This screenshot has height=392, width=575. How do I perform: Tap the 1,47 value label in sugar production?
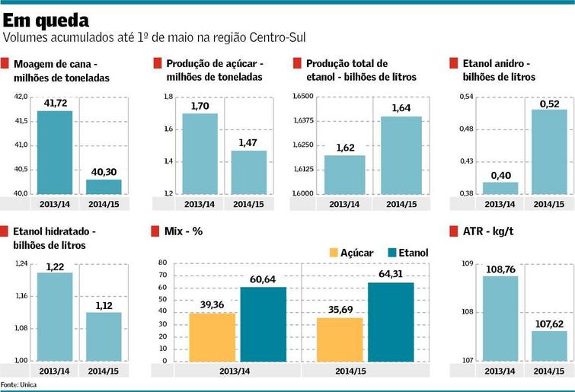tap(249, 142)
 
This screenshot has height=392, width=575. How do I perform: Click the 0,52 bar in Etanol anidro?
tap(549, 151)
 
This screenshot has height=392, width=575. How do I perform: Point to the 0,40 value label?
tap(500, 175)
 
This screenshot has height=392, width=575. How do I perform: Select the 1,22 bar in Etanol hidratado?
tap(55, 316)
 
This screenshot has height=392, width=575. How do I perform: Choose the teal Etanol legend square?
tap(393, 253)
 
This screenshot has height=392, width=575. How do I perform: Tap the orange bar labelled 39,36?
tap(212, 336)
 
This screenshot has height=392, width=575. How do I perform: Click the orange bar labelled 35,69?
tap(340, 339)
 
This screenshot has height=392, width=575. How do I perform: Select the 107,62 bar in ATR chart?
tap(549, 346)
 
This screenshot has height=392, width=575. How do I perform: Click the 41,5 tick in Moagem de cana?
tap(21, 121)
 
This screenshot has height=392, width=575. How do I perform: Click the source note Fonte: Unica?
tap(18, 385)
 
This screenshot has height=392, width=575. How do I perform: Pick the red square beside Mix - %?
tap(157, 230)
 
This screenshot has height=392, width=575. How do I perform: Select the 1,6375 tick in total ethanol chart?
tap(303, 121)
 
